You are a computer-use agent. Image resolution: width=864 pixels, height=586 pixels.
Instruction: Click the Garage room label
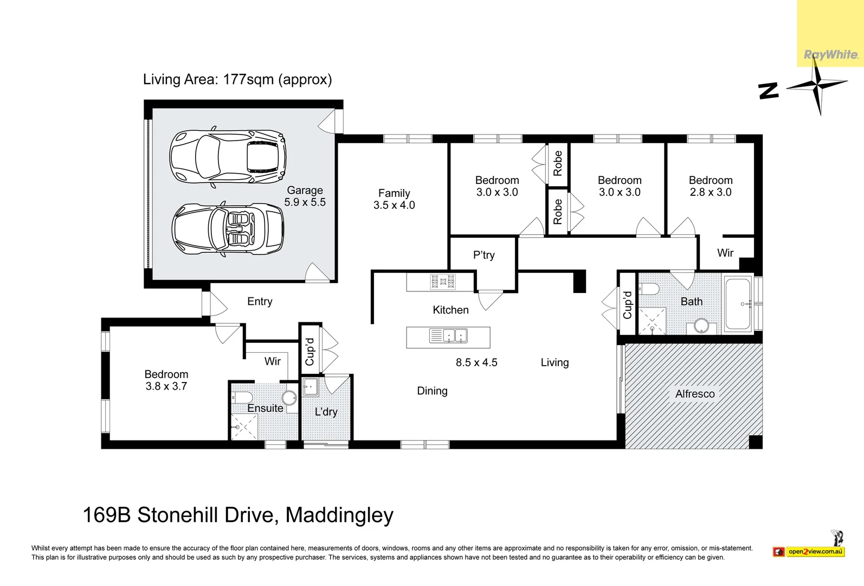[x=305, y=190]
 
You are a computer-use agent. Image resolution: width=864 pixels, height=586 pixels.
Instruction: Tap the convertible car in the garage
[x=228, y=228]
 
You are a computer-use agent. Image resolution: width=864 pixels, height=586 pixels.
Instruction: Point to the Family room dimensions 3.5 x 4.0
[x=394, y=205]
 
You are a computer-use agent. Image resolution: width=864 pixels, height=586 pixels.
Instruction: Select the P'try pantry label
[x=483, y=255]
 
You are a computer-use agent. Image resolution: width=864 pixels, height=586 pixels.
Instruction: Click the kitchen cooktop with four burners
[x=443, y=282]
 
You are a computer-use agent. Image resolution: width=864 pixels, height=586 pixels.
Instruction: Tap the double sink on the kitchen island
[x=448, y=336]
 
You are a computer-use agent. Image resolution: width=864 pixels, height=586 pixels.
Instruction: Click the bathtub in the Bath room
[x=738, y=304]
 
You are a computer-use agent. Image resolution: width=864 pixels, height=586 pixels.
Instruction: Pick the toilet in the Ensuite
[x=241, y=397]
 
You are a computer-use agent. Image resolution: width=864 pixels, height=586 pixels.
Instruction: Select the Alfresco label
[x=695, y=394]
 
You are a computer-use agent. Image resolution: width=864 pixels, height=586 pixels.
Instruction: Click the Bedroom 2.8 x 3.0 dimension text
[x=711, y=192]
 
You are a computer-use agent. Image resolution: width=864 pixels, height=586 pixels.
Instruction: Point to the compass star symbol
[x=817, y=86]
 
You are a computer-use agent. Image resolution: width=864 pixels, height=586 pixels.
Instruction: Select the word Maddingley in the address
[x=339, y=515]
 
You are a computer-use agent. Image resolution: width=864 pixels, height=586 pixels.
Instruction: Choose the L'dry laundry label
[x=326, y=412]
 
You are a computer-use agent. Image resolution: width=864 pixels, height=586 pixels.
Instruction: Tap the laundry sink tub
[x=311, y=387]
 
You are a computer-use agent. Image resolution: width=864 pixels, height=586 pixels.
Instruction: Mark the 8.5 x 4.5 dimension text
[x=476, y=362]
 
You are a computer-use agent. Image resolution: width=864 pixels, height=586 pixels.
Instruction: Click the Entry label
[x=260, y=302]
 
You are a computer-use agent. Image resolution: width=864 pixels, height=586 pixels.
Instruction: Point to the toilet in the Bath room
[x=649, y=288]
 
